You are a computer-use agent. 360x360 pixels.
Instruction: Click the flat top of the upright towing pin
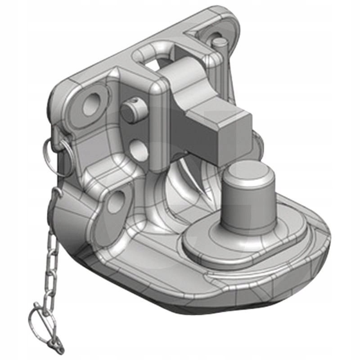point(246,171)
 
